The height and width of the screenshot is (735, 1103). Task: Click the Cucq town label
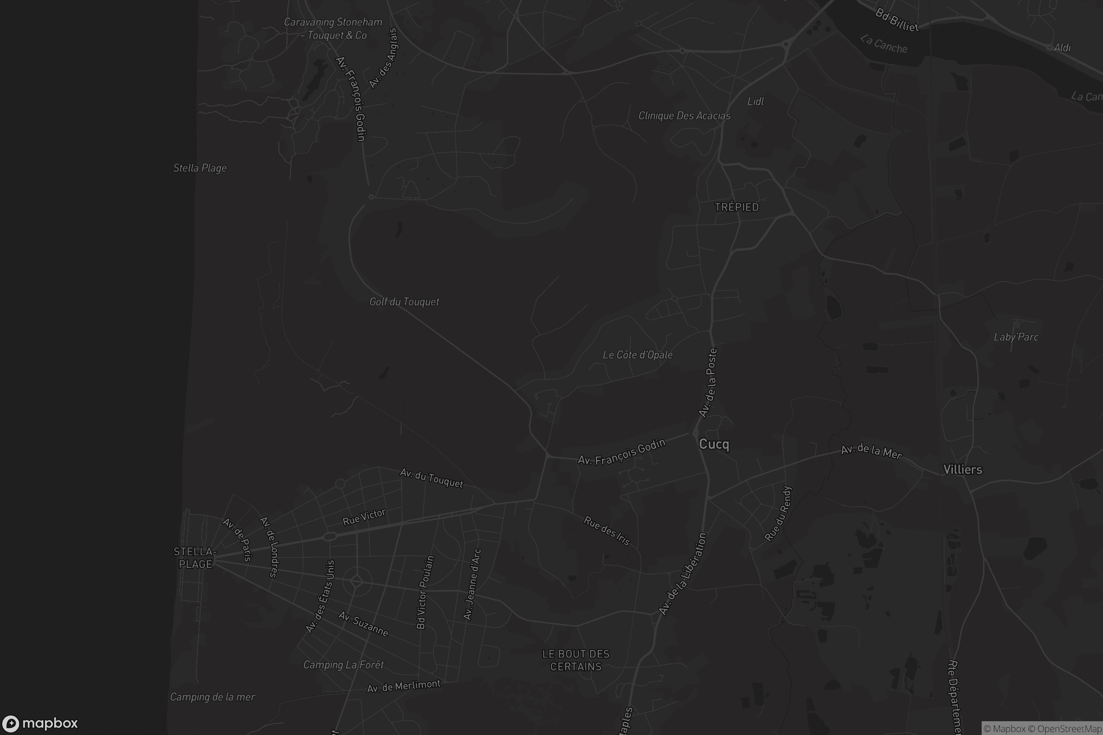[714, 444]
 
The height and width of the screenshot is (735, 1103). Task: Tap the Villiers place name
[962, 469]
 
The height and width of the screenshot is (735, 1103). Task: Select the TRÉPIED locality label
[736, 207]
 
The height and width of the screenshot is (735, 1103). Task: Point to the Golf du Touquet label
[404, 302]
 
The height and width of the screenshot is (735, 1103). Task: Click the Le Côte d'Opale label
[637, 355]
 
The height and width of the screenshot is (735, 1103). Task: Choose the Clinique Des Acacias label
[684, 116]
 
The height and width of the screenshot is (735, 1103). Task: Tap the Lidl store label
[756, 102]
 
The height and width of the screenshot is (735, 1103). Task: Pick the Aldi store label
[1062, 48]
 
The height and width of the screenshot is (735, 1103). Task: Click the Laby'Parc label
[1016, 337]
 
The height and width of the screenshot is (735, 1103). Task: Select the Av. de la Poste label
[708, 383]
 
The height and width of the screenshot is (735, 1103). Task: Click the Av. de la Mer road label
[871, 452]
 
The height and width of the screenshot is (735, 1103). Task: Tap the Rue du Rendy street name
[778, 514]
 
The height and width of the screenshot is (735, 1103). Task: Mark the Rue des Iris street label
[607, 531]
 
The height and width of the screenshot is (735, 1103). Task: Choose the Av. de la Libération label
[682, 574]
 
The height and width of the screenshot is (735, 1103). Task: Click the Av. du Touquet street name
[431, 478]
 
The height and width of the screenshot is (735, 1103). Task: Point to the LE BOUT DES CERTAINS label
[576, 660]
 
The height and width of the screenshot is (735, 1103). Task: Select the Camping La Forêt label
[343, 665]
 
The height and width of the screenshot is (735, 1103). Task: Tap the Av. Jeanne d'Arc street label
[472, 584]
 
